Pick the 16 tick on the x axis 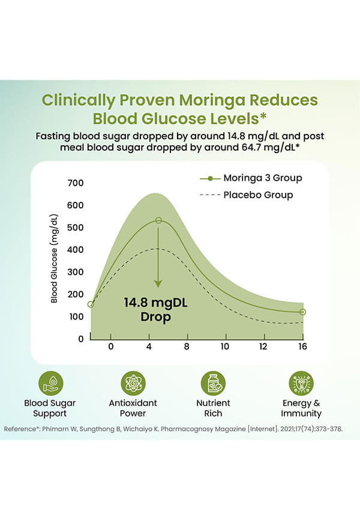click(302, 347)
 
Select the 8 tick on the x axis click(187, 347)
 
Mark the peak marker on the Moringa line click(158, 221)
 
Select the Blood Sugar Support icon click(50, 382)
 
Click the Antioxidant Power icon click(133, 382)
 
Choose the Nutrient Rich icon click(213, 382)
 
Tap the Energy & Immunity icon click(301, 382)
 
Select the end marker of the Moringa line click(302, 312)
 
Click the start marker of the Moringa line click(91, 304)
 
